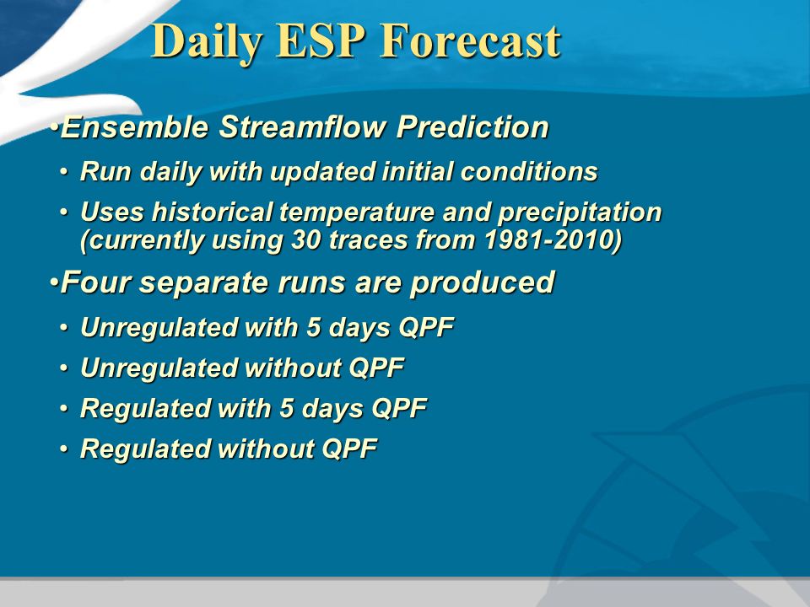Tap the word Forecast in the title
[470, 40]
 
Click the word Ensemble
[135, 127]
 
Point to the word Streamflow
[302, 127]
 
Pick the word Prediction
[472, 127]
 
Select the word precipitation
[579, 213]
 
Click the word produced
[482, 284]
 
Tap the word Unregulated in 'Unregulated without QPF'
[158, 369]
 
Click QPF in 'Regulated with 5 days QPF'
[400, 408]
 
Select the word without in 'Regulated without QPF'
[265, 448]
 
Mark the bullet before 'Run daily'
[63, 171]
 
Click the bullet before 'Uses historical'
[63, 212]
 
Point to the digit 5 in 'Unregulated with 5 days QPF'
[314, 327]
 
